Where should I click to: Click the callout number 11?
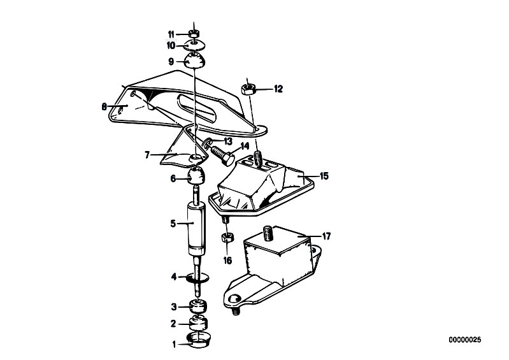(x=171, y=34)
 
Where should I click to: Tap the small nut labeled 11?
(x=194, y=33)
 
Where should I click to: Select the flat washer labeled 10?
(x=194, y=45)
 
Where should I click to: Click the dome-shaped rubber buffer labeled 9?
(x=194, y=61)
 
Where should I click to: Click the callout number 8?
(x=104, y=106)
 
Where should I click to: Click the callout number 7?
(x=147, y=155)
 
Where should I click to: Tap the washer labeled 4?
(x=197, y=278)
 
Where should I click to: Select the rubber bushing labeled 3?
(x=197, y=306)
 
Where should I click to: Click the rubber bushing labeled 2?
(x=197, y=322)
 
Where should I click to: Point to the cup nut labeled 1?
(x=198, y=340)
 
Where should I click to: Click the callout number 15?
(x=324, y=176)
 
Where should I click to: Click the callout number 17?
(x=326, y=236)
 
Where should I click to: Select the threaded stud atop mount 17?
(x=268, y=234)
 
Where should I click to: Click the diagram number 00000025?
(x=465, y=340)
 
